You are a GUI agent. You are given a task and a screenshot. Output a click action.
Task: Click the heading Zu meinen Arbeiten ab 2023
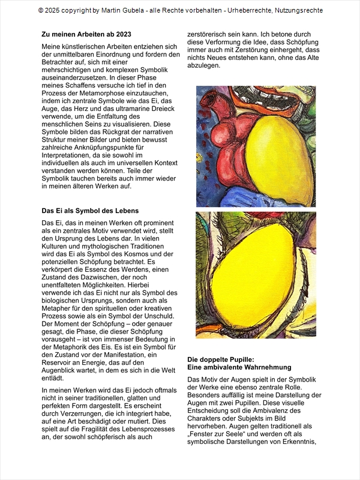click(86, 34)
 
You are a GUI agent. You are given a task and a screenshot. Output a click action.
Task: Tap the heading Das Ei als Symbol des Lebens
click(90, 211)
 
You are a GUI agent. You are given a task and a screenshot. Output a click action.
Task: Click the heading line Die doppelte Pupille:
click(221, 359)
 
